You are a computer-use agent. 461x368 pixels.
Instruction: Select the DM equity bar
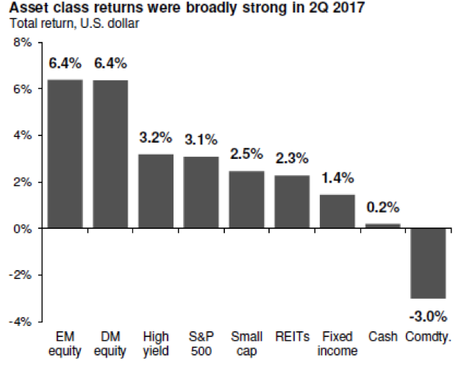110,154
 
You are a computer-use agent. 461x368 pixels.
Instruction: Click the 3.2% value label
156,138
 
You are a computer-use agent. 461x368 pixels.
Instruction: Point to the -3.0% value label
428,316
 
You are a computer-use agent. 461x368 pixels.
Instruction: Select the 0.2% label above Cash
382,207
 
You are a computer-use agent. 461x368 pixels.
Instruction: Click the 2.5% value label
246,155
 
